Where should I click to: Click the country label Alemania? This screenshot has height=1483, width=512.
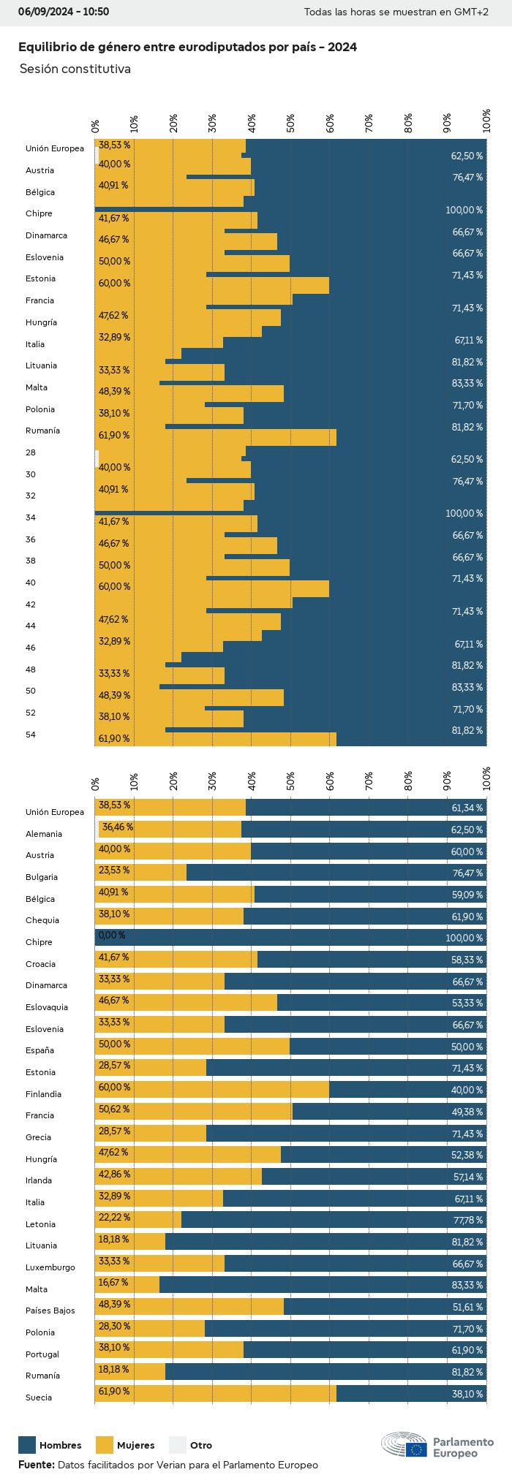coord(44,834)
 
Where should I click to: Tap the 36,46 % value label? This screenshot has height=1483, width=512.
coord(118,827)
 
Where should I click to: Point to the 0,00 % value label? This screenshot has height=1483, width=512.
coord(112,936)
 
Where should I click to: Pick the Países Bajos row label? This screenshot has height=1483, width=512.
coord(50,1311)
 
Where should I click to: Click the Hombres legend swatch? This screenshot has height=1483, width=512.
coord(27,1445)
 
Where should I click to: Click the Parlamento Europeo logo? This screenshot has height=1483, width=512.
coord(437,1446)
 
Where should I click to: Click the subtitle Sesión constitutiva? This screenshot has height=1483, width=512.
coord(75,69)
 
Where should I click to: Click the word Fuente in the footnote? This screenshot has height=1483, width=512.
coord(35,1465)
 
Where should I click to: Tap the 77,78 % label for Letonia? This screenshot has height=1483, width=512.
coord(467,1221)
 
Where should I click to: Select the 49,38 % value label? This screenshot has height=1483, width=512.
coord(467,1112)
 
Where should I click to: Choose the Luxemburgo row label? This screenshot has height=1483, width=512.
coord(50,1267)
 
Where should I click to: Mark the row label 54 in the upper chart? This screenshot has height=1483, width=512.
coord(31,735)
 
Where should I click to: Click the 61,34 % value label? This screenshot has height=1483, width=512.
coord(467,808)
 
